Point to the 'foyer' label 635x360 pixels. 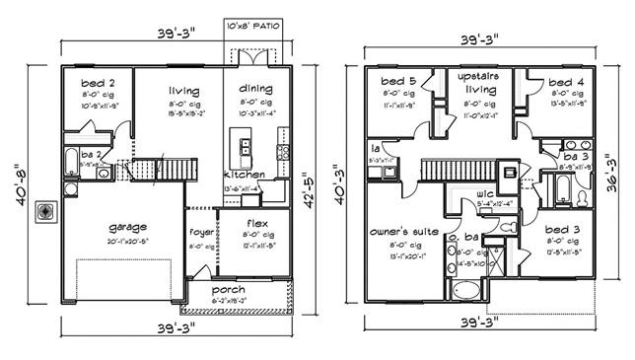[x=201, y=232]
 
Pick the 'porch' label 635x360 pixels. [x=228, y=290]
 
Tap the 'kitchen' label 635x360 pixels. [x=243, y=175]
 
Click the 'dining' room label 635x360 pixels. [x=255, y=88]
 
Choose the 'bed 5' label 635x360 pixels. [x=397, y=80]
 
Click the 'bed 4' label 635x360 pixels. [x=565, y=82]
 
